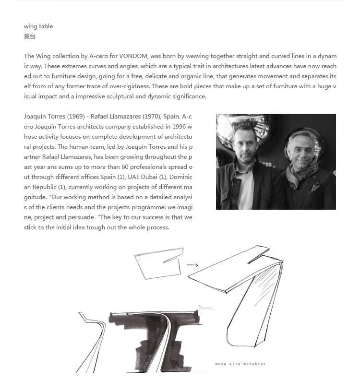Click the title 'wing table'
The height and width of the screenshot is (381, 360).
click(x=38, y=26)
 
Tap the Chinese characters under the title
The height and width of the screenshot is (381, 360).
click(x=30, y=36)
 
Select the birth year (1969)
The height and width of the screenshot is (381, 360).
click(x=76, y=117)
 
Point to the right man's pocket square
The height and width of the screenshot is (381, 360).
click(x=315, y=186)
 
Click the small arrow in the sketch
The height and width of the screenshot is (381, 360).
click(x=192, y=265)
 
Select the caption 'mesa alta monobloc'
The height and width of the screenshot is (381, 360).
click(x=240, y=364)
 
